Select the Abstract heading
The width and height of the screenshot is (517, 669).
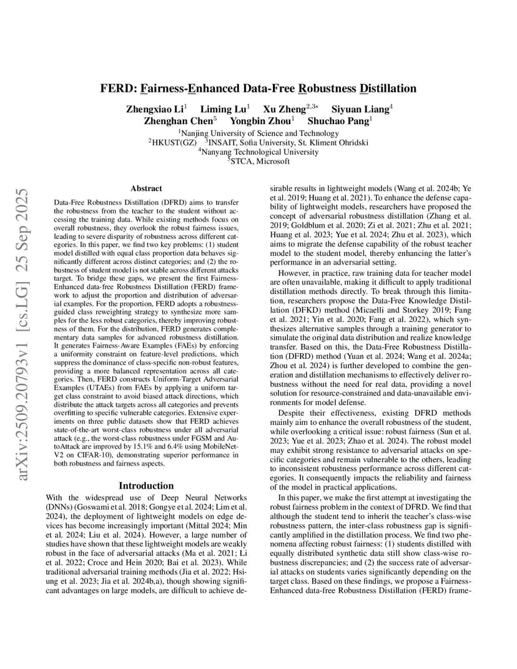(x=146, y=188)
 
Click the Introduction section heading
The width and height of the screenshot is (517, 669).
(x=146, y=486)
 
